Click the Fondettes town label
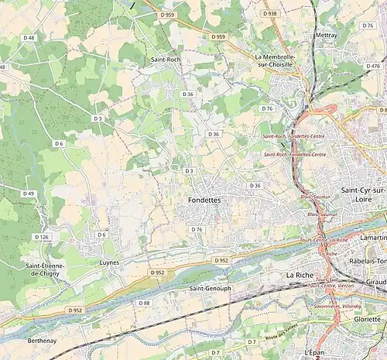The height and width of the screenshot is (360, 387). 204,200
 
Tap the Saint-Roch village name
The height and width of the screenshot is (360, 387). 166,59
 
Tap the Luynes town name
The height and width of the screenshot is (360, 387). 111,262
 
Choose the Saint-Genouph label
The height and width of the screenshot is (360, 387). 211,288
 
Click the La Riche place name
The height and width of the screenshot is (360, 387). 300,275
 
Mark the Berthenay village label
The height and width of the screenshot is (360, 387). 42,340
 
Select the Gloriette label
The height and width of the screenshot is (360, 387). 367,319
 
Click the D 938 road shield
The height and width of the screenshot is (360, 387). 269,14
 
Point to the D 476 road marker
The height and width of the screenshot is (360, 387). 373,67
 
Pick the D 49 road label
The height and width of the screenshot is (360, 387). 29,194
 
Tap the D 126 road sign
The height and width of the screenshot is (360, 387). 42,237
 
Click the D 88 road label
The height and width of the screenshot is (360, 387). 145,303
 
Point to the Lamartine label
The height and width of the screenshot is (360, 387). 373,238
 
